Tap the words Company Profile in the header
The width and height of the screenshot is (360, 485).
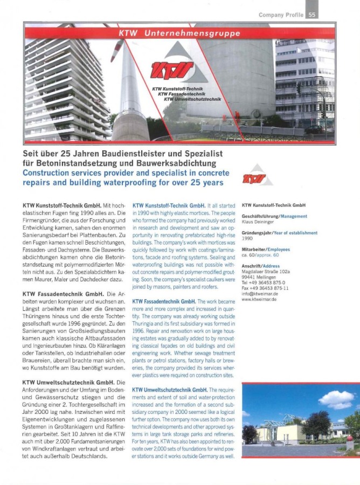click(x=281, y=15)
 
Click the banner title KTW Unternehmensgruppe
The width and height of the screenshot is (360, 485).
click(x=179, y=33)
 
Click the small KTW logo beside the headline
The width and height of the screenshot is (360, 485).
click(x=254, y=177)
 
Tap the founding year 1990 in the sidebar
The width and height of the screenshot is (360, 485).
click(x=247, y=238)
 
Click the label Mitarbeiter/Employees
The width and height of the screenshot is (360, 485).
click(x=266, y=250)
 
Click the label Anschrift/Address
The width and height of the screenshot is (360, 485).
click(x=261, y=266)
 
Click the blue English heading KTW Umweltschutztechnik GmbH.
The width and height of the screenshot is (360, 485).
click(x=170, y=390)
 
